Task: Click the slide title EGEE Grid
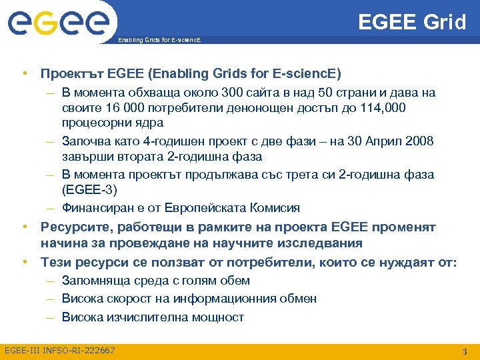point(412,22)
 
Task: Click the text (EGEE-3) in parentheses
point(89,190)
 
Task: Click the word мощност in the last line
point(216,317)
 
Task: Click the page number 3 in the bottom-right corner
point(464,351)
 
